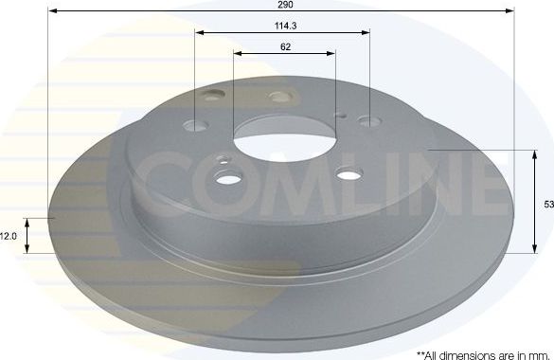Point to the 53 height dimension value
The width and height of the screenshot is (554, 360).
pos(548,203)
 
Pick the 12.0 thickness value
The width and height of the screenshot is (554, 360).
pos(9,235)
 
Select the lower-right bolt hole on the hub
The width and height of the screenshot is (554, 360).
pos(348,171)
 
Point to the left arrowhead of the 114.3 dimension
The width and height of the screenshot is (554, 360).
pos(199,33)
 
